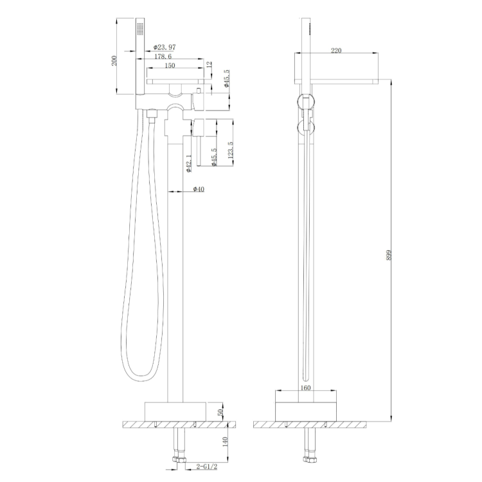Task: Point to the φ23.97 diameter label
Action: click(x=165, y=46)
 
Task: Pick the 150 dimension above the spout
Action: click(x=168, y=66)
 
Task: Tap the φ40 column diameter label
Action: click(x=199, y=189)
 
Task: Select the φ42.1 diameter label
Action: click(x=188, y=162)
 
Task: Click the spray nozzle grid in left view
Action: click(x=140, y=30)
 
